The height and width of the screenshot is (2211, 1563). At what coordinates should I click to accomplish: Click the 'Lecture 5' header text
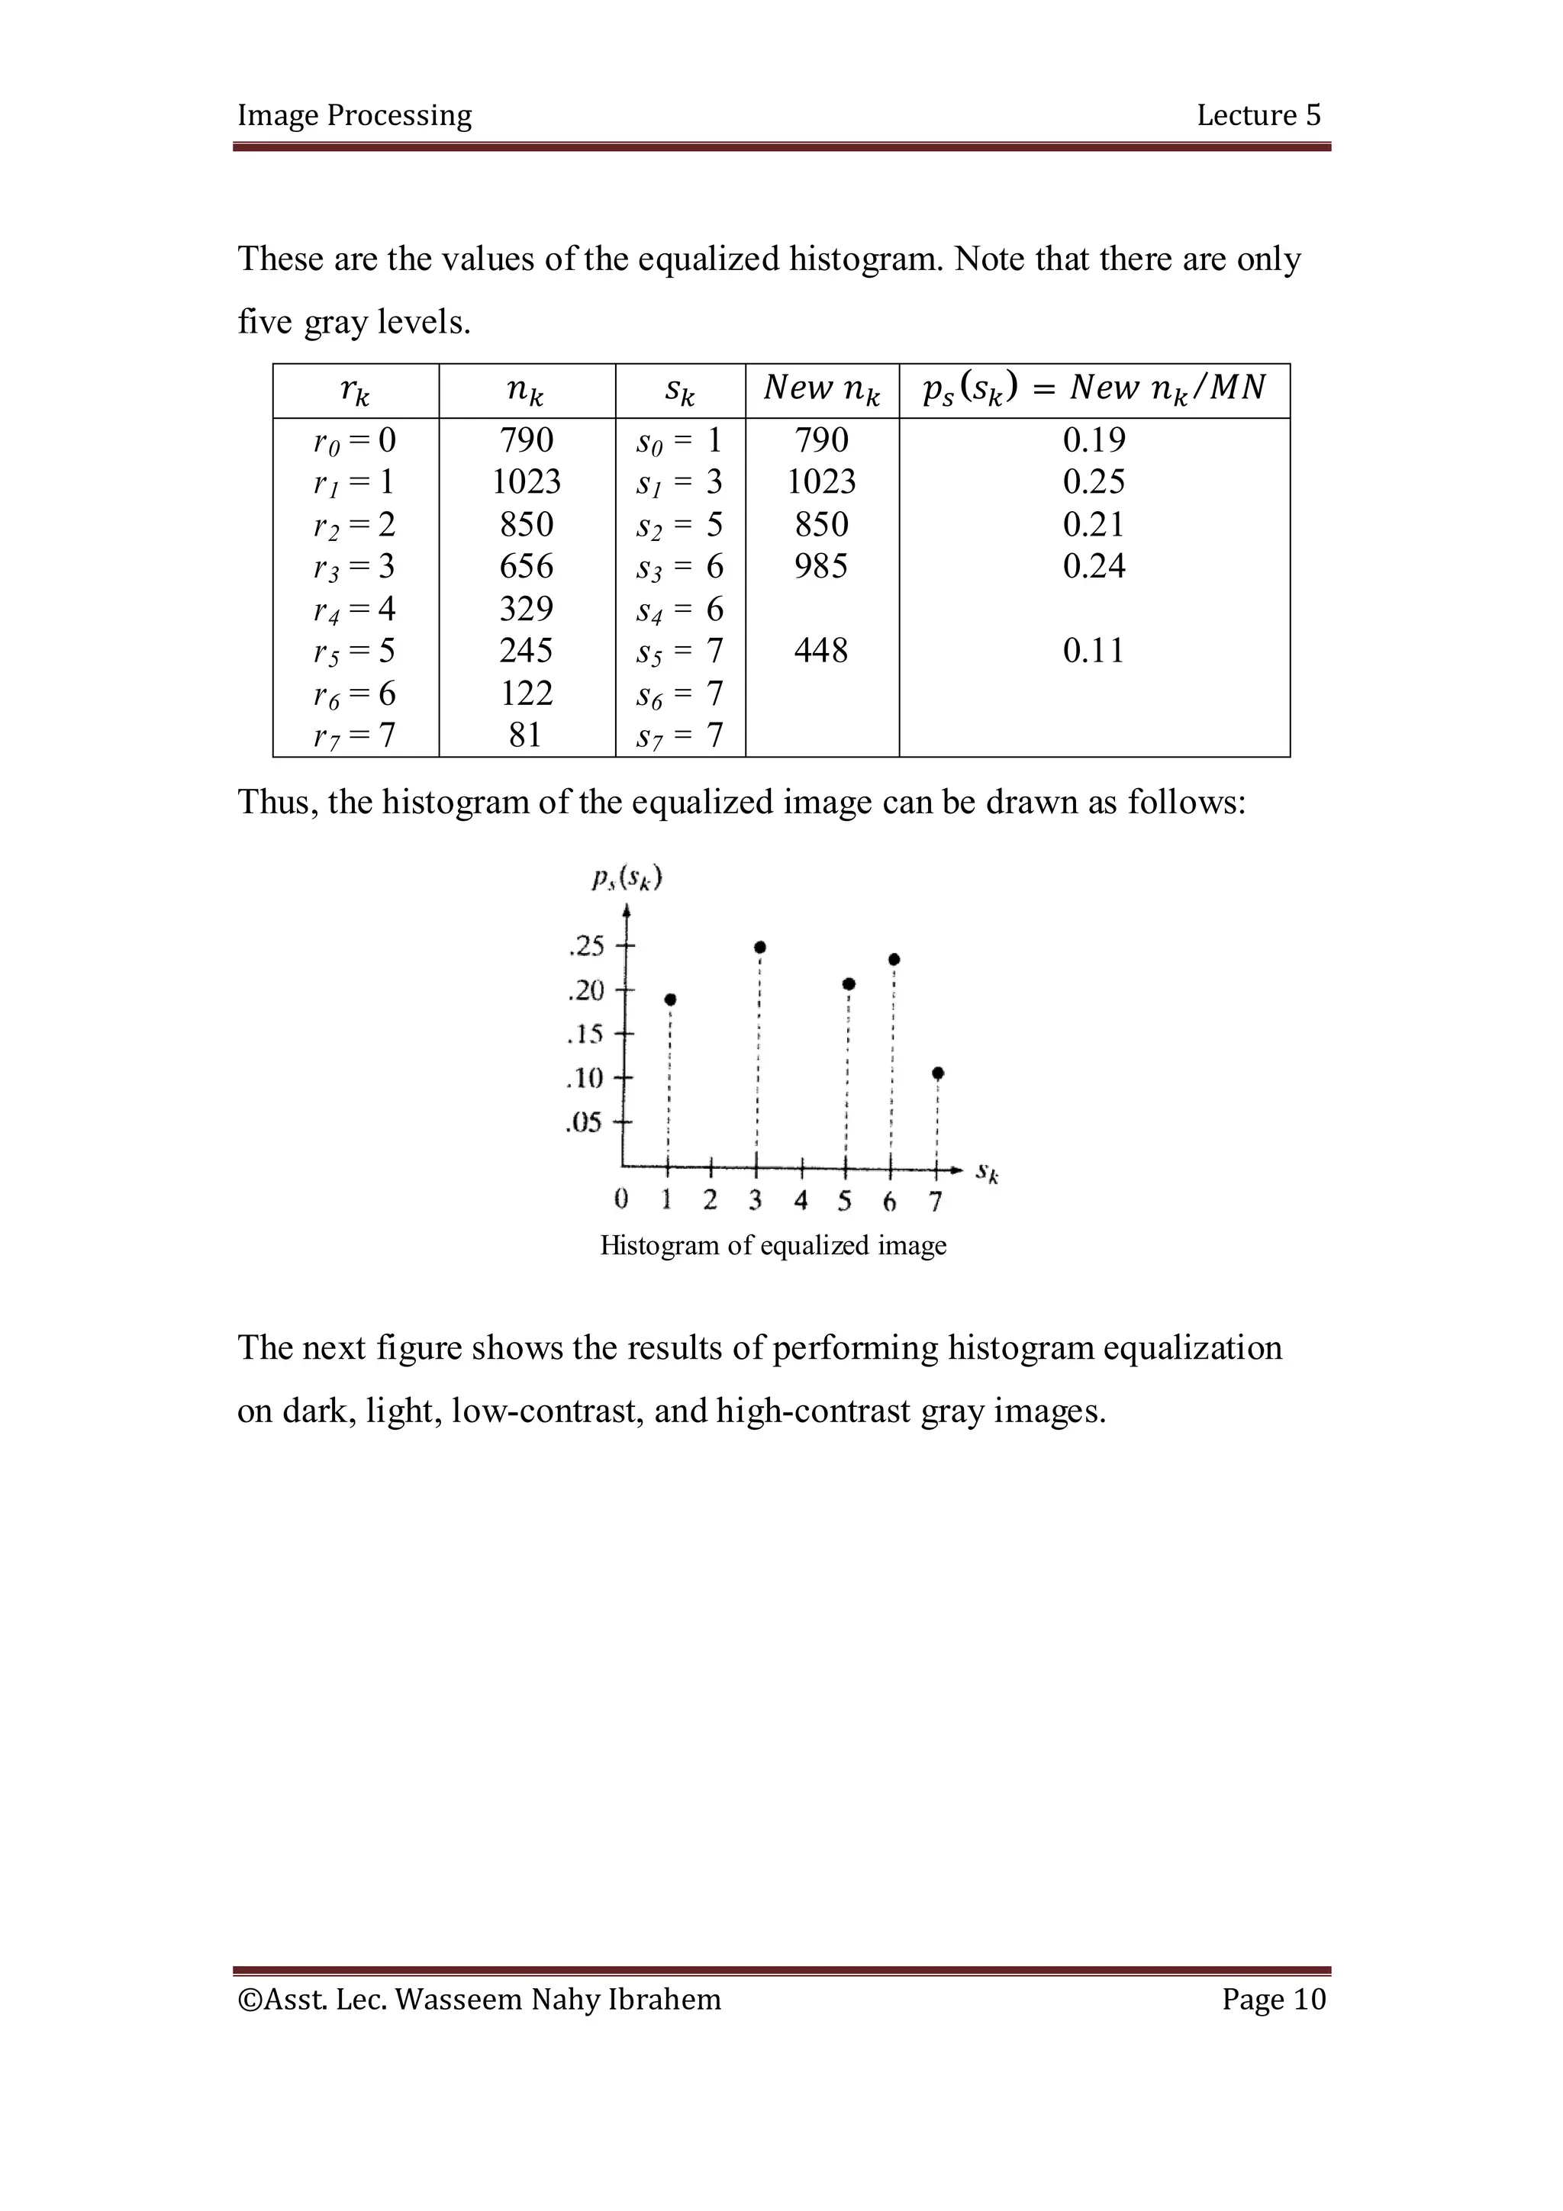click(x=1258, y=115)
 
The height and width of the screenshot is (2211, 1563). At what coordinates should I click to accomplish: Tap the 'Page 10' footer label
click(x=1273, y=1999)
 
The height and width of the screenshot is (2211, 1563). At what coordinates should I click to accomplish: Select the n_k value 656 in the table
click(x=526, y=566)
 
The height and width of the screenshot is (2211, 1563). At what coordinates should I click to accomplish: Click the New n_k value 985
click(x=820, y=566)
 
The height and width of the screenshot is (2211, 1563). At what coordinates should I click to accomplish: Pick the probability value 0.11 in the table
click(x=1093, y=651)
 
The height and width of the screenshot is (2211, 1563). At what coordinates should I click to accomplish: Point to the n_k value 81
click(x=526, y=735)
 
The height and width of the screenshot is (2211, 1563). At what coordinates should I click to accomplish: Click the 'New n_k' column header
click(x=821, y=389)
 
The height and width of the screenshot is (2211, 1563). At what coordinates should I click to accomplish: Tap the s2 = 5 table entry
click(x=679, y=525)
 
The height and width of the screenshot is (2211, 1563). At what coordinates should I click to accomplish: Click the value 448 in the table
click(x=820, y=651)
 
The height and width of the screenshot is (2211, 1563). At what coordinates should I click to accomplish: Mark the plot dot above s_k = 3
click(x=760, y=948)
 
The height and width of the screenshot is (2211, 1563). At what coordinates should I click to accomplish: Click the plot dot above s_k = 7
click(x=938, y=1073)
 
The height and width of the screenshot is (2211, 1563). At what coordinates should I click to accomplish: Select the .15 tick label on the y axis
click(x=585, y=1035)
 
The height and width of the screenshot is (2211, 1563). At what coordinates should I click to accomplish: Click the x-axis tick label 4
click(x=801, y=1200)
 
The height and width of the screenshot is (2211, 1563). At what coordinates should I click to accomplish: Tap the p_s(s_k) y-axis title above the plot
click(x=627, y=878)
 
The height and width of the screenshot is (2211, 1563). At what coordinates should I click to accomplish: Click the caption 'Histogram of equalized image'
click(x=772, y=1245)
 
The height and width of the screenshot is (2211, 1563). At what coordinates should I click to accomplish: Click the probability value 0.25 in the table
click(x=1093, y=482)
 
